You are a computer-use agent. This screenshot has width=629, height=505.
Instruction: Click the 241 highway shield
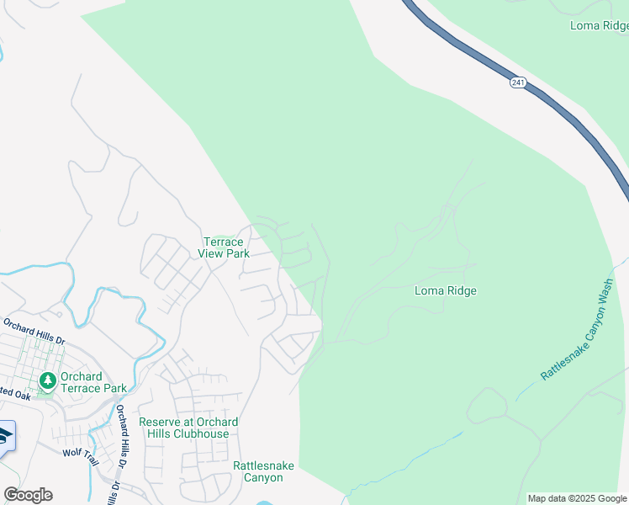517,82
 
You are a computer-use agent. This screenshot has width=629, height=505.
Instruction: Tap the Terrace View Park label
225,247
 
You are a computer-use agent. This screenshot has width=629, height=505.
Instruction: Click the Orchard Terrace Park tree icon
48,381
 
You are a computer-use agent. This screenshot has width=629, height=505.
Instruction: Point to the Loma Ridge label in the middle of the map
446,291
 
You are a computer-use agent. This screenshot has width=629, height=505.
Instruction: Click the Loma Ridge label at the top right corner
599,25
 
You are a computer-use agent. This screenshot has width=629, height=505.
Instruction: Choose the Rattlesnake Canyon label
257,471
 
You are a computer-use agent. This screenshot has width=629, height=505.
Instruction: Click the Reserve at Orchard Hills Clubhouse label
188,428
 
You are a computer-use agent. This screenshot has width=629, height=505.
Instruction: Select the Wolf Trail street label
81,456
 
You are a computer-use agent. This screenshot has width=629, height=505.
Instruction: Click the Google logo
28,495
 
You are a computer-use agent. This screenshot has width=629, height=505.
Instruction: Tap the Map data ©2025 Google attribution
577,498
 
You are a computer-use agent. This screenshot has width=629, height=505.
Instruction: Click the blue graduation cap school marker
4,436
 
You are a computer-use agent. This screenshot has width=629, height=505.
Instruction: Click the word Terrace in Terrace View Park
223,242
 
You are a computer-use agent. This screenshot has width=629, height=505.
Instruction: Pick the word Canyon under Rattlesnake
257,477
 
